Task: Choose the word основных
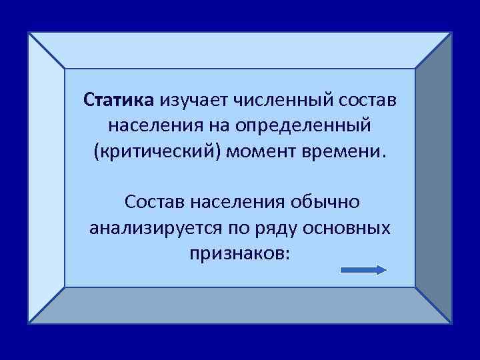tap(349, 227)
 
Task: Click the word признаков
tap(239, 253)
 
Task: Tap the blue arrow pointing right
tap(363, 270)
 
